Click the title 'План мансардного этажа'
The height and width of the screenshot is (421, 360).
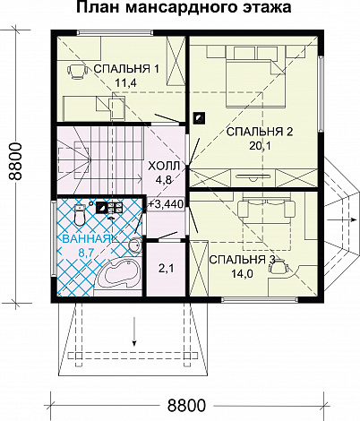point(184,7)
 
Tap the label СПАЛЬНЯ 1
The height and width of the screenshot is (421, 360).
point(126,69)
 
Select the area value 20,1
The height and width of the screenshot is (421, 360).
point(260,146)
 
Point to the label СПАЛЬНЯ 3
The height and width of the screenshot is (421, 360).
point(242,260)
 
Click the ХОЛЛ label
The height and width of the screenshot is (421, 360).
point(164,166)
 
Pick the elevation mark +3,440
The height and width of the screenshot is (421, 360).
point(166,204)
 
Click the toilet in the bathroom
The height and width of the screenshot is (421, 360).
point(80,215)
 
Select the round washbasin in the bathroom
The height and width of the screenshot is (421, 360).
point(136,245)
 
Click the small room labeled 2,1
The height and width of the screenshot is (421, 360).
point(167,269)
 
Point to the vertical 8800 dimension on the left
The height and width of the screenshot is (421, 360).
point(15,161)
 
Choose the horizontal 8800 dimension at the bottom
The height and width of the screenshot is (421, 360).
point(186,406)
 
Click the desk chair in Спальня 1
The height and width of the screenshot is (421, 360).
point(77,71)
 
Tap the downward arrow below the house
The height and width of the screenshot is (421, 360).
point(134,331)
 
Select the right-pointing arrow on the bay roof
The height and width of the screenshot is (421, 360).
point(342,219)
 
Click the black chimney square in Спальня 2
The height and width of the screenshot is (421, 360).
point(199,117)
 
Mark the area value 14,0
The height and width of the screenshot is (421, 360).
point(242,273)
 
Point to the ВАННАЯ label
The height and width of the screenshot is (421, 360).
point(87,239)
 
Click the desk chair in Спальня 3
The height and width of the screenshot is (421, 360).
point(279,266)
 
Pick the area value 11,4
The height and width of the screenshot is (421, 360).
point(125,82)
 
